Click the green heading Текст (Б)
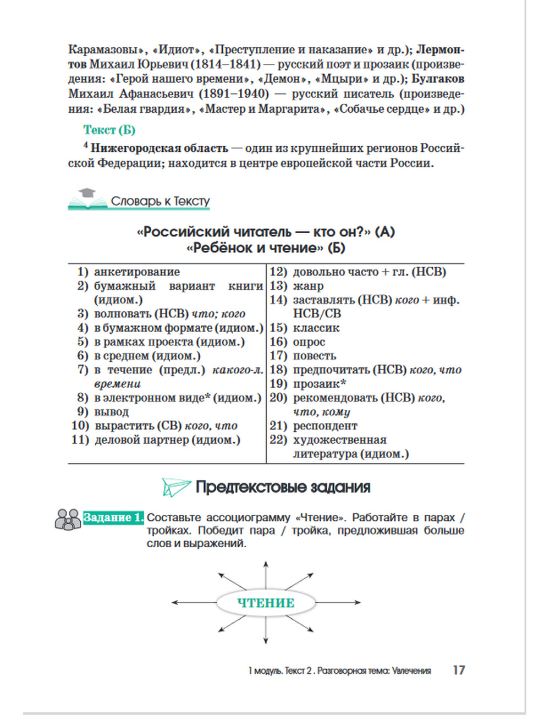109,130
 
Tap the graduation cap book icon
87,199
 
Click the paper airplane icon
175,487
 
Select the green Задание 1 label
113,518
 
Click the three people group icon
68,519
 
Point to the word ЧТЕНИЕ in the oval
266,603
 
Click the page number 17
459,670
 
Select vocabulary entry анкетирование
137,272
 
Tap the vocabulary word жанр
308,286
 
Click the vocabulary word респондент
325,426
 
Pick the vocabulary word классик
316,328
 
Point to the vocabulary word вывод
112,412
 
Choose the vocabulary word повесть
315,356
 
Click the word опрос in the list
309,342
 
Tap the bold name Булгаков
438,79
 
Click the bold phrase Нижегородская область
159,148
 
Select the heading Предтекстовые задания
283,487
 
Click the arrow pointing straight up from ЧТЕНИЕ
266,572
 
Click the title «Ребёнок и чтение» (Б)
266,248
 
